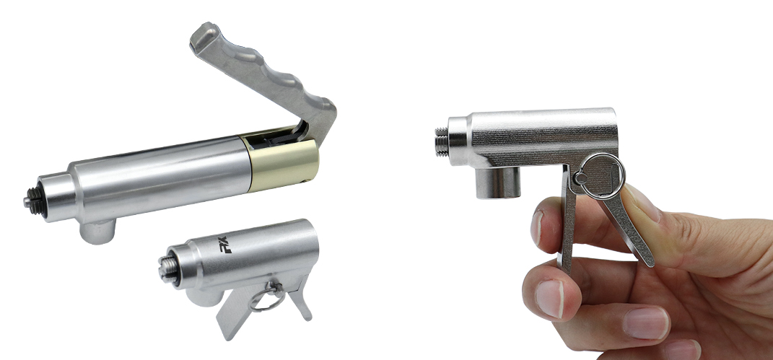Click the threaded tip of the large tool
point(33,200)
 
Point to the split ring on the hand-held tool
point(602,176)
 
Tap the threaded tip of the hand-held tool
point(442,142)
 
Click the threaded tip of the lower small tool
point(167,268)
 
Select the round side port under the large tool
point(98,232)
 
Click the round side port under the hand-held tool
point(497,183)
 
